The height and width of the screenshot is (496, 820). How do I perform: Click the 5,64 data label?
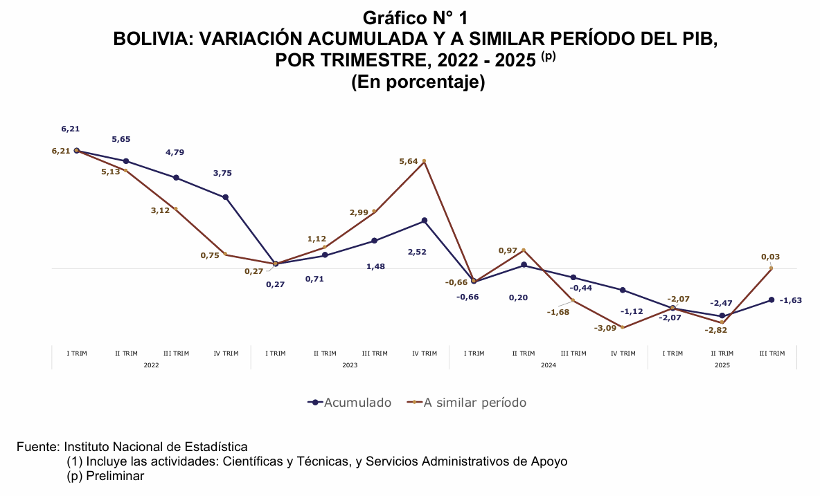click(409, 161)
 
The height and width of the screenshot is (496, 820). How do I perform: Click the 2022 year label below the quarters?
click(151, 365)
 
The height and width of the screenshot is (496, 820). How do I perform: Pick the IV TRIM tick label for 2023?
click(425, 353)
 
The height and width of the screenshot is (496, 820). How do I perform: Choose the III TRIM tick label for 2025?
click(772, 353)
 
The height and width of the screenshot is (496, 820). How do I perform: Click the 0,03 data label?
click(770, 257)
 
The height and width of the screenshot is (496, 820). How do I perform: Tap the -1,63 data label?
click(790, 300)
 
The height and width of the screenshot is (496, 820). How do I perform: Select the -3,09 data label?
click(606, 328)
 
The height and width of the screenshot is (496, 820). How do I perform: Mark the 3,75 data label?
click(222, 173)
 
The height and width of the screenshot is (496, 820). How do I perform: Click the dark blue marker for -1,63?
click(772, 300)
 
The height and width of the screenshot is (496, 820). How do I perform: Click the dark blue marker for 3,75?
click(226, 197)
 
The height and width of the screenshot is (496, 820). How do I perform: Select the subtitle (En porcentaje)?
click(418, 82)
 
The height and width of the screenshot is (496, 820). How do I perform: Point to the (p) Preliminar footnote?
click(105, 476)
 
